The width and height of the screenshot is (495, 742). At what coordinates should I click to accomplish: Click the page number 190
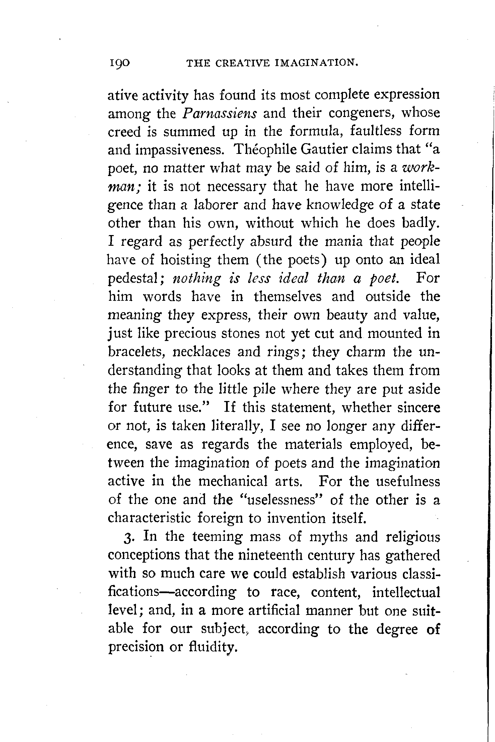click(x=119, y=63)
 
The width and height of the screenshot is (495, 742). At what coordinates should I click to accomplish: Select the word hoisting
click(x=185, y=260)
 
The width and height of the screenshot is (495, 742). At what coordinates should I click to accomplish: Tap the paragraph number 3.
click(x=129, y=537)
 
